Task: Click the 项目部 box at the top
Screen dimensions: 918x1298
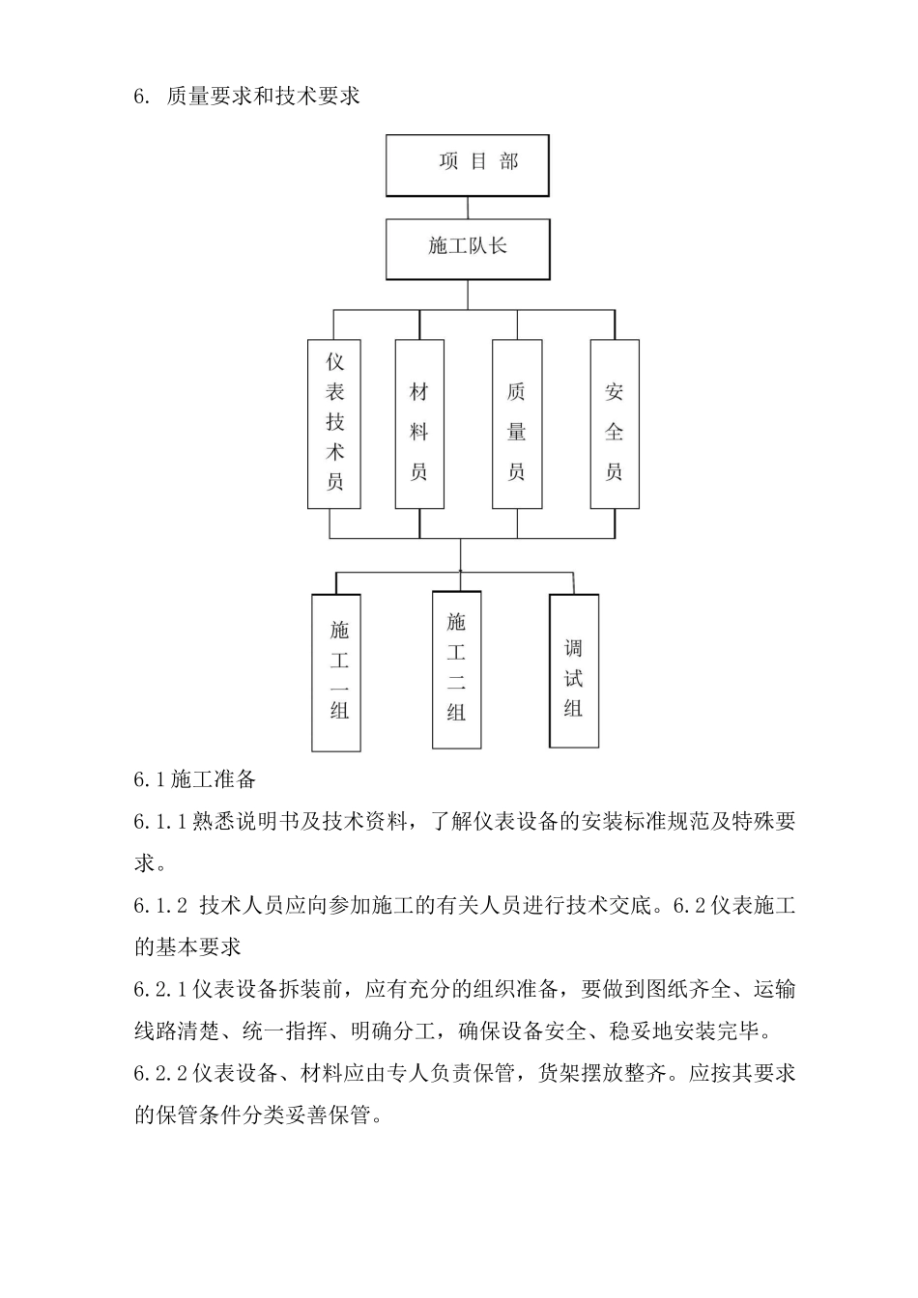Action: [468, 164]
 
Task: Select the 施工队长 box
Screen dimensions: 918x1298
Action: [468, 248]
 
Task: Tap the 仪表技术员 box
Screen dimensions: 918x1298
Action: [334, 424]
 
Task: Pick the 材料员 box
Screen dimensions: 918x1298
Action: [419, 424]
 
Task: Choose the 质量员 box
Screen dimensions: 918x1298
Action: [517, 424]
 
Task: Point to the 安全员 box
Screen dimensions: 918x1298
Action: [615, 424]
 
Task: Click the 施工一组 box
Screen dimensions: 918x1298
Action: [336, 672]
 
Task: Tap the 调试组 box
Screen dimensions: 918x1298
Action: [574, 670]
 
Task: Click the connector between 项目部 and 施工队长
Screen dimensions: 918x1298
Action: [468, 208]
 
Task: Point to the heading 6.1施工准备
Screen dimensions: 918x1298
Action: [194, 778]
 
